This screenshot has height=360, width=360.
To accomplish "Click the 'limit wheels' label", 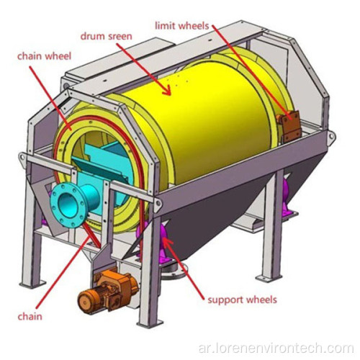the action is pos(182,26).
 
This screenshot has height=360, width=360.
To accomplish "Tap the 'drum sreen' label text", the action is pos(107,36).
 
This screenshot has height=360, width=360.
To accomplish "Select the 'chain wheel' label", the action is pos(45,56).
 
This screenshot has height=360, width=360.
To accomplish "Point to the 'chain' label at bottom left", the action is pos(30,317).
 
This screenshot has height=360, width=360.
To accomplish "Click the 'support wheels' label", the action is pos(242,300).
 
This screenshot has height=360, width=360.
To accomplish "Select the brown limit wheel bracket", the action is pos(289,126).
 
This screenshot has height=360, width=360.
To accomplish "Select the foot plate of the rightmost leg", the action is pos(267,279).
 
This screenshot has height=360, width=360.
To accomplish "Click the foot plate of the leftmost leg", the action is pos(32,284).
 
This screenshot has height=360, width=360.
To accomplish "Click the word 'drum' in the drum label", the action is pos(91,36).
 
